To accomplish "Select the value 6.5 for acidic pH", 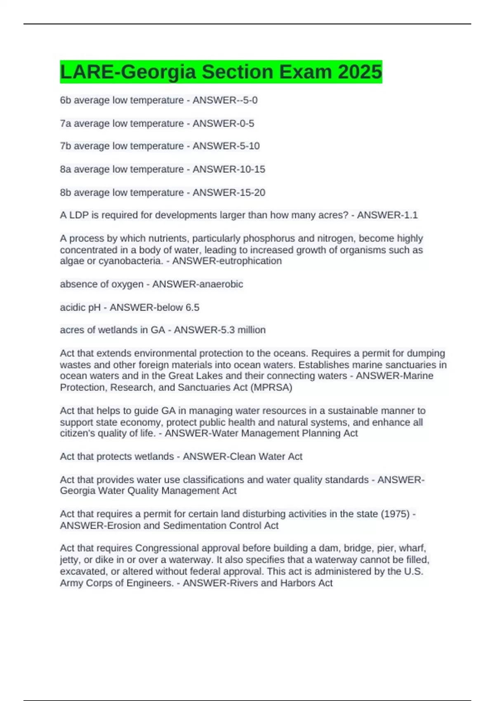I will pyautogui.click(x=192, y=307).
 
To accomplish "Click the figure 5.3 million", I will pyautogui.click(x=243, y=330).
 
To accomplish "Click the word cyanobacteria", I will pyautogui.click(x=131, y=261).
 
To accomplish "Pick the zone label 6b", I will pyautogui.click(x=66, y=100).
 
